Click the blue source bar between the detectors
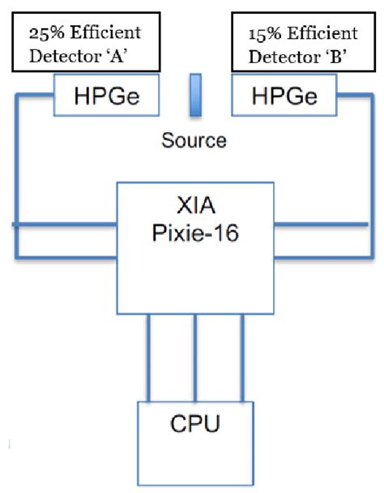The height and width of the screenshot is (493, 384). (194, 94)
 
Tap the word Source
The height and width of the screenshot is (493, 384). (194, 140)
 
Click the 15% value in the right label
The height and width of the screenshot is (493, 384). (261, 33)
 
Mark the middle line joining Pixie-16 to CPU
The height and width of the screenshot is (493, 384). (194, 356)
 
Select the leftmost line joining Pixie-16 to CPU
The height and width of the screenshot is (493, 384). (148, 356)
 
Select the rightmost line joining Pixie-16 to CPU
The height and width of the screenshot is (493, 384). (241, 356)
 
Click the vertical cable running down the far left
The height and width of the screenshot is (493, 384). (16, 178)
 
